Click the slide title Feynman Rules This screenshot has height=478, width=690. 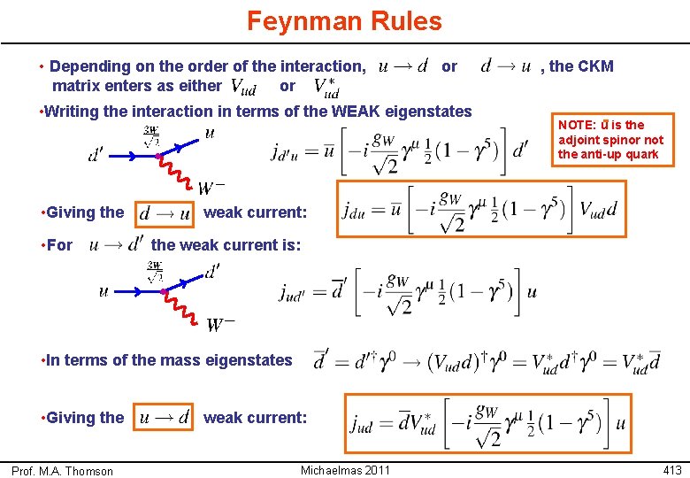click(x=344, y=20)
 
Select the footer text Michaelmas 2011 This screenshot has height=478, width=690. click(x=345, y=470)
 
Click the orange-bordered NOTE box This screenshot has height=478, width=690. click(x=610, y=139)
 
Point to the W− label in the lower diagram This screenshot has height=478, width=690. click(x=221, y=326)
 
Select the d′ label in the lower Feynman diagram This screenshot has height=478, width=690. click(x=212, y=272)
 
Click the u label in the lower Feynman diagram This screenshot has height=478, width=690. click(x=103, y=291)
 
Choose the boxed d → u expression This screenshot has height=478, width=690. click(x=165, y=213)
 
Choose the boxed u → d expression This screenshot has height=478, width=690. click(x=165, y=417)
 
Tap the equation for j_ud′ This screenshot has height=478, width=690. click(x=407, y=291)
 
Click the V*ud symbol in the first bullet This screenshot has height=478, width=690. click(x=326, y=88)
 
